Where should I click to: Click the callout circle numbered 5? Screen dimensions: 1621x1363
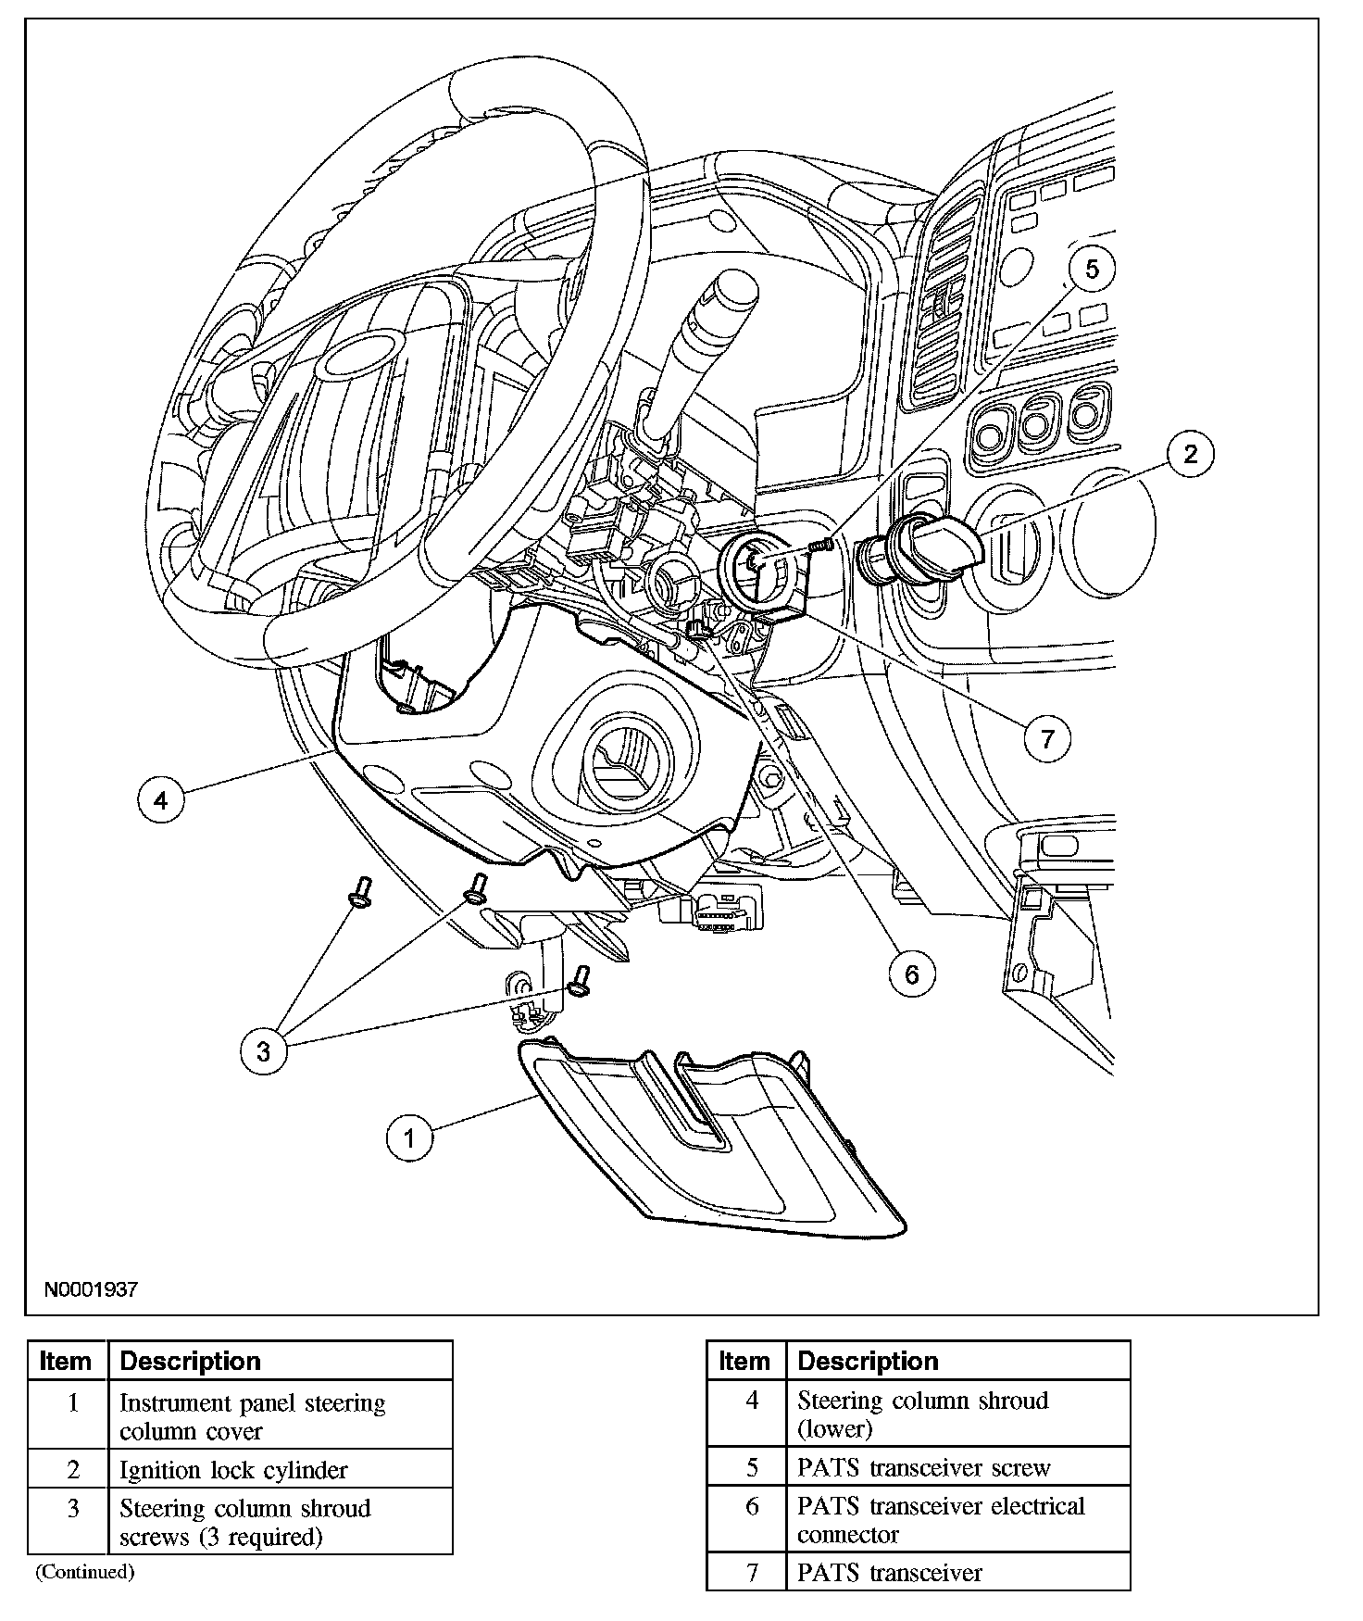coord(1092,270)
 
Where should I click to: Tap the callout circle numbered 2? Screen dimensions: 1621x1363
coord(1190,454)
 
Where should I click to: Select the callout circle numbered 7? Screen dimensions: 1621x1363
coord(1047,738)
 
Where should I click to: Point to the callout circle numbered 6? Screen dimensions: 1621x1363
coord(912,974)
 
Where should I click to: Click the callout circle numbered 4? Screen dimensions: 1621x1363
coord(161,799)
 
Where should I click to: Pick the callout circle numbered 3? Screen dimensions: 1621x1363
coord(264,1051)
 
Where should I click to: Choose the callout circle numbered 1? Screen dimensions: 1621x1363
coord(409,1137)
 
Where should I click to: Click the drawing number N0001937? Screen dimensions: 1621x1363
coord(90,1289)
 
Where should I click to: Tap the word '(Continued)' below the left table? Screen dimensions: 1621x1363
coord(84,1572)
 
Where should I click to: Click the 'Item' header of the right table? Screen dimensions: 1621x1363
coord(744,1361)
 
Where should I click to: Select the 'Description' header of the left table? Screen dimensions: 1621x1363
coord(191,1361)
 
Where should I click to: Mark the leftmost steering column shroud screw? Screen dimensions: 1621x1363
coord(359,892)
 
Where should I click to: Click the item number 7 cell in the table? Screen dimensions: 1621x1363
coord(752,1573)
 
